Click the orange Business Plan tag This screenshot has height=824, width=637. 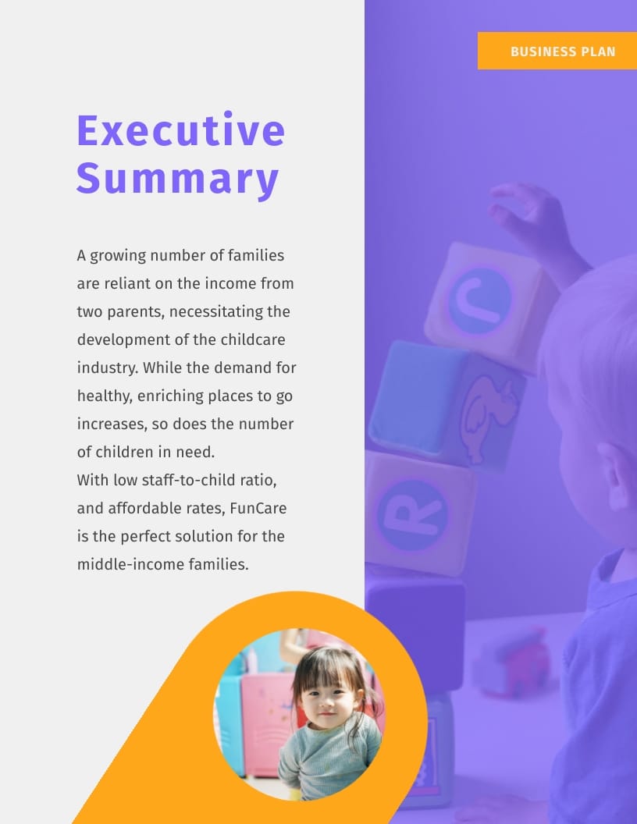557,51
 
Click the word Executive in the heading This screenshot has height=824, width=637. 180,130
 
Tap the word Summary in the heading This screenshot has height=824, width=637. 177,178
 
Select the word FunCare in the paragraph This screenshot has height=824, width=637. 258,508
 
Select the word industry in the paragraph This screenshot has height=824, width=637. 107,368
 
